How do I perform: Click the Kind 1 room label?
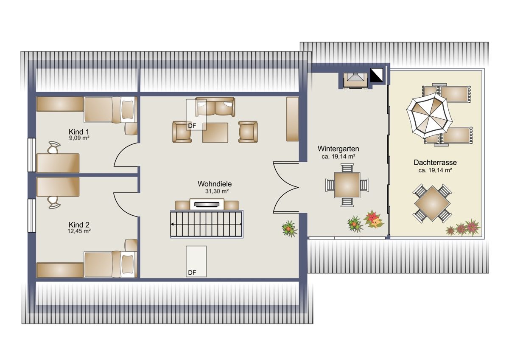click(79, 132)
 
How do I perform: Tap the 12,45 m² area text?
click(79, 231)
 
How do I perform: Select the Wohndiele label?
click(215, 184)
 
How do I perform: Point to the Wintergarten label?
click(338, 149)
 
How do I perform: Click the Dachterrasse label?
click(435, 162)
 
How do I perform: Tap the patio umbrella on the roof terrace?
click(429, 116)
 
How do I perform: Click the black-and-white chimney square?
click(377, 75)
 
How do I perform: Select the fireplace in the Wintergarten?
click(355, 81)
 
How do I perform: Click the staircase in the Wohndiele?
click(207, 224)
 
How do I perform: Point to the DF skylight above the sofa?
click(196, 114)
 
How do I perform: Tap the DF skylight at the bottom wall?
click(196, 262)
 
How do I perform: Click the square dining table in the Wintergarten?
click(347, 185)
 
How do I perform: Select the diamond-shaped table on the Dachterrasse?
click(432, 203)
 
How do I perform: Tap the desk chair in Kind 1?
click(53, 147)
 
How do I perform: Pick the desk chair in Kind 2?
click(53, 202)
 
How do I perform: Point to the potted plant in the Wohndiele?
click(289, 229)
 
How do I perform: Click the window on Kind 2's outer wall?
click(32, 216)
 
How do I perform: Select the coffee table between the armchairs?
click(215, 133)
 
